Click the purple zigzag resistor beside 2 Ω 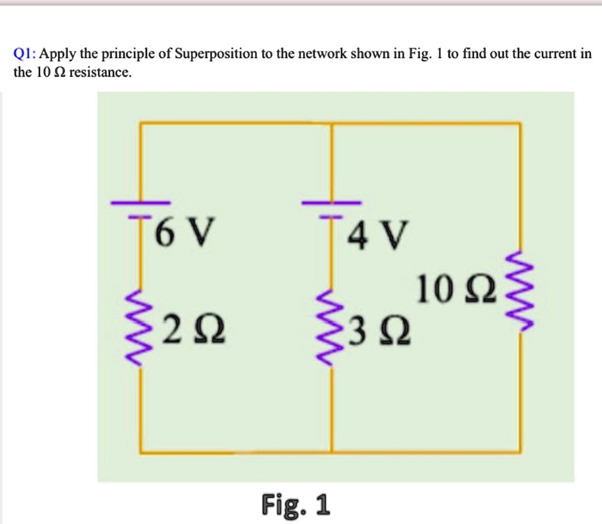(x=139, y=328)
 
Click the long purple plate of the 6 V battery (x=139, y=203)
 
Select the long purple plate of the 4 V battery (x=332, y=203)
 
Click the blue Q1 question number (x=25, y=55)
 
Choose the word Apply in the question (x=59, y=55)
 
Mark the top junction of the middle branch (x=332, y=123)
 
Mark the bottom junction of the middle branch (x=332, y=452)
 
